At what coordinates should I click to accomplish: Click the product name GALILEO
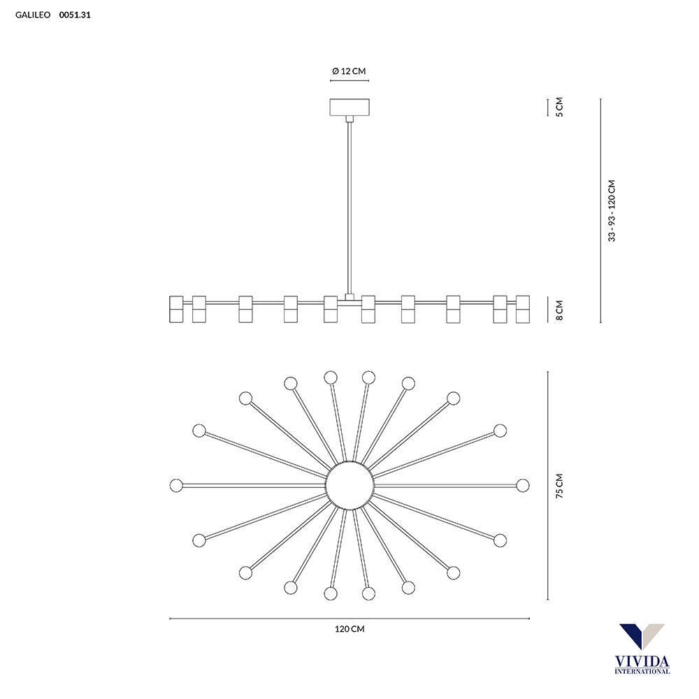tap(33, 15)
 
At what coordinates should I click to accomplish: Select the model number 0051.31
tap(75, 15)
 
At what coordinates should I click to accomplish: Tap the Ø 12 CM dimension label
tap(349, 71)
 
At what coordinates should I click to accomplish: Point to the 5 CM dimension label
tap(559, 107)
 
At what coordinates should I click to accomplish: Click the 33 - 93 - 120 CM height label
tap(612, 211)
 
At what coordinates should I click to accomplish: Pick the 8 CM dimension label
tap(559, 310)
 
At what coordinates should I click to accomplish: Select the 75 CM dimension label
tap(559, 486)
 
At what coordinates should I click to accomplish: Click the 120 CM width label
tap(349, 629)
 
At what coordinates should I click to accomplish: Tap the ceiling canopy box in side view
tap(349, 108)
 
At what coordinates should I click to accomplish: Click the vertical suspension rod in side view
tap(349, 208)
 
